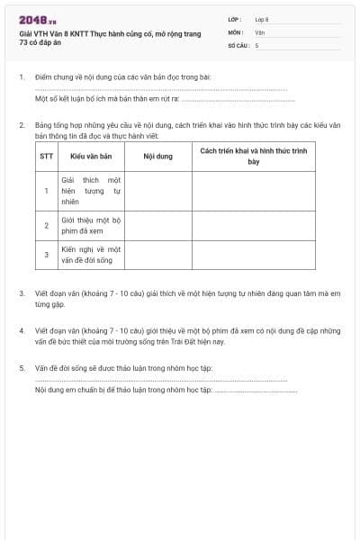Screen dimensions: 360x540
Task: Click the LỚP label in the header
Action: point(236,18)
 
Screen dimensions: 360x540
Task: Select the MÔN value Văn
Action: point(259,31)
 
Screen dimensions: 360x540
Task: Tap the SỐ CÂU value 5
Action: point(256,44)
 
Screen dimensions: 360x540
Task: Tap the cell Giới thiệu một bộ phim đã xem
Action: point(91,224)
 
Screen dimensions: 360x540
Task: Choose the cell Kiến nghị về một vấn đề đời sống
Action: point(91,254)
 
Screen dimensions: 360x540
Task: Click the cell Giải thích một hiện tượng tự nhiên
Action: point(91,191)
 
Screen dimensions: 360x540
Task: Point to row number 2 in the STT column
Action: point(47,224)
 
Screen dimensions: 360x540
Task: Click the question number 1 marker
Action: point(21,77)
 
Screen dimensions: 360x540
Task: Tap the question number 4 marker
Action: point(21,330)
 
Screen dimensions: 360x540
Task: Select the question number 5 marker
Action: point(21,368)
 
